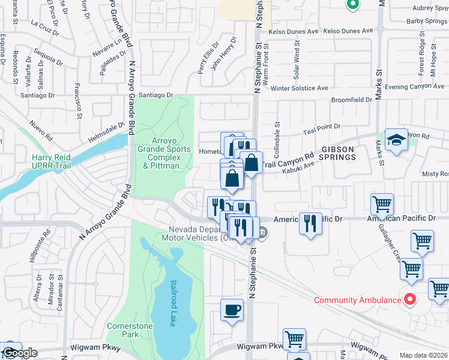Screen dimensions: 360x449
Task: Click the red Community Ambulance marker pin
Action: (x=411, y=298)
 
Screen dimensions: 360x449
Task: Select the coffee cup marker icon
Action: (x=232, y=310)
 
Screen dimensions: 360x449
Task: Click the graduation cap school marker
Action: (x=396, y=140)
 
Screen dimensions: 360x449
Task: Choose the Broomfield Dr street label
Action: (x=351, y=99)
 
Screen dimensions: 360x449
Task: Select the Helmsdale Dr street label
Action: (x=107, y=128)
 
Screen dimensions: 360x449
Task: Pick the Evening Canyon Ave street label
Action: (x=414, y=87)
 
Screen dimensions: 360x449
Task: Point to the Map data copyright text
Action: (x=423, y=355)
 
